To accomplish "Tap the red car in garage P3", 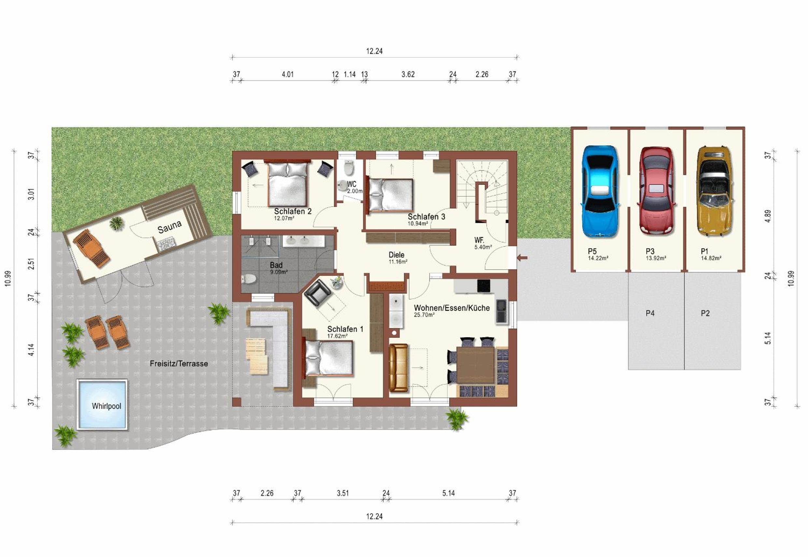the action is click(x=656, y=191).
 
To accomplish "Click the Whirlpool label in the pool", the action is click(x=107, y=406).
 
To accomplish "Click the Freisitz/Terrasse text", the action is click(x=179, y=363).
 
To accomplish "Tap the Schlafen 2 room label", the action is click(x=293, y=211).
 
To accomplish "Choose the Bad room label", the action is click(x=276, y=265).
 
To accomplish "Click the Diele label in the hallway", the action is click(x=397, y=255).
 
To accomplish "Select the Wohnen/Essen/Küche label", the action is click(x=452, y=308).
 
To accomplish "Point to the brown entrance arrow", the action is click(x=522, y=258).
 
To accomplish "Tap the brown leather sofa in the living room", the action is click(x=398, y=367).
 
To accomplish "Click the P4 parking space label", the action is click(x=650, y=313).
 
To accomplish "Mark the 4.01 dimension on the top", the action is click(x=288, y=74).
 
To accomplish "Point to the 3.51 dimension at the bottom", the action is click(x=343, y=493).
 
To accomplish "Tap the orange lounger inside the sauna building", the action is click(x=92, y=248).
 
